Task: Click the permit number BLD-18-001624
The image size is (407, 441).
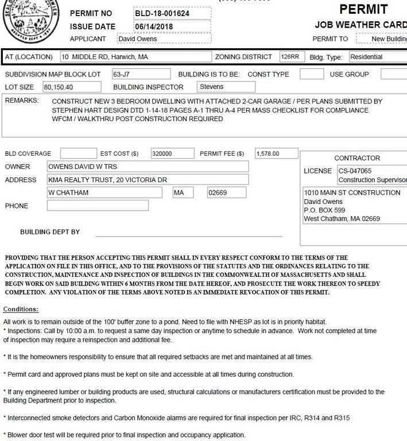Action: click(x=162, y=13)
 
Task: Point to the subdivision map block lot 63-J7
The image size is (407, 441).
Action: click(x=141, y=75)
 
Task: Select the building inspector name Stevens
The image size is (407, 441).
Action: click(x=225, y=87)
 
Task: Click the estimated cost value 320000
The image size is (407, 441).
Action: click(x=171, y=154)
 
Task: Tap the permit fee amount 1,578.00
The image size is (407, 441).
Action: click(x=275, y=154)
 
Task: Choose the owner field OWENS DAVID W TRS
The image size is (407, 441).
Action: click(x=147, y=167)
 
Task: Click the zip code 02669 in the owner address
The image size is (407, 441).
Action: click(x=226, y=193)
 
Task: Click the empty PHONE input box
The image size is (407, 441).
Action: click(x=97, y=206)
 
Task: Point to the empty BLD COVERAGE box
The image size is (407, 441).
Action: click(x=78, y=154)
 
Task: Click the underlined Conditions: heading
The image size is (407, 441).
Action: click(x=21, y=310)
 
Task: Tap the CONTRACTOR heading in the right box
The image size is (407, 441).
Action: click(x=357, y=158)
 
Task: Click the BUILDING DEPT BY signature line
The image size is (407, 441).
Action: click(x=189, y=235)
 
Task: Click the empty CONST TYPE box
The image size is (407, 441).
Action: click(x=312, y=75)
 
